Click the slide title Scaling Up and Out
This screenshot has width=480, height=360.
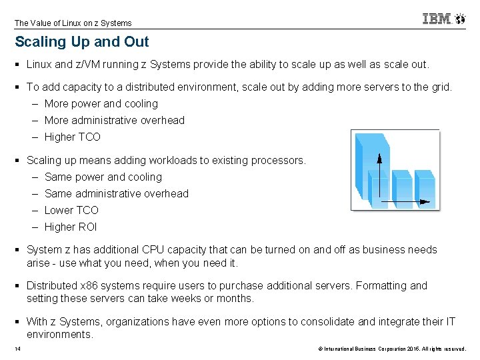(82, 42)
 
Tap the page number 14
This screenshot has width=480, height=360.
(17, 349)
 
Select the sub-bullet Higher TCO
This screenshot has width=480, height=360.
(72, 137)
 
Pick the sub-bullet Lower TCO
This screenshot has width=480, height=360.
(71, 210)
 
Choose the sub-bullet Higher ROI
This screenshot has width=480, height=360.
(71, 227)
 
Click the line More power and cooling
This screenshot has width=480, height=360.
(101, 103)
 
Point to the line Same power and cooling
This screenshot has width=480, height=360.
(103, 177)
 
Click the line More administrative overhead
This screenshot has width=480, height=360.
(114, 120)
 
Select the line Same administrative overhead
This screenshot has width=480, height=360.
(116, 193)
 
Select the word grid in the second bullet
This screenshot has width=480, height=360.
(439, 87)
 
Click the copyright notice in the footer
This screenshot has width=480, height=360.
(392, 349)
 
